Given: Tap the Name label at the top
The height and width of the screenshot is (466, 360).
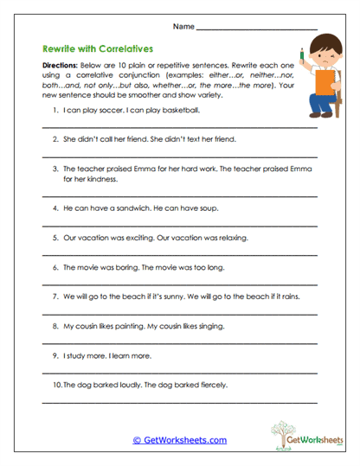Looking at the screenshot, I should pyautogui.click(x=183, y=28).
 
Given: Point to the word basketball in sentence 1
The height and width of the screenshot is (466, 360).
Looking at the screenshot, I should pyautogui.click(x=183, y=111).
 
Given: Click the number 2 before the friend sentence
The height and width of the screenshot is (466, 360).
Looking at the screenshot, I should pyautogui.click(x=55, y=138).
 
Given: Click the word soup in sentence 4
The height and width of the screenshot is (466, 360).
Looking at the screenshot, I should pyautogui.click(x=208, y=208).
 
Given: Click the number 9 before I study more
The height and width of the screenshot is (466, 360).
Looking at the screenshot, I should pyautogui.click(x=55, y=355).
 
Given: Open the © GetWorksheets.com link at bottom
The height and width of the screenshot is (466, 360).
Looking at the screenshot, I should pyautogui.click(x=179, y=440).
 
